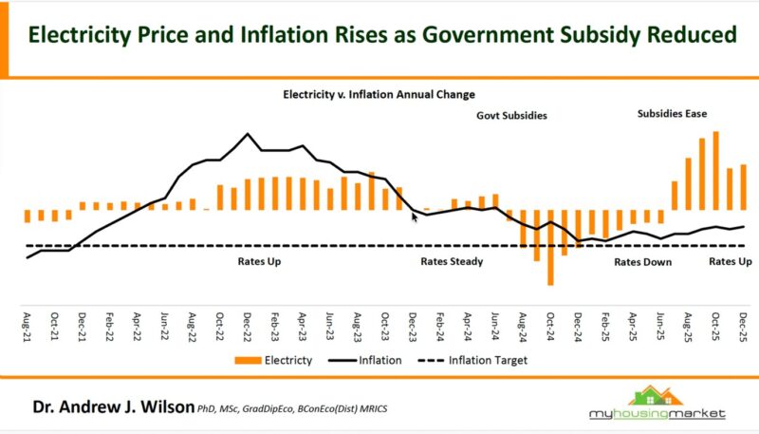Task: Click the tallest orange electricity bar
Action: tap(715, 171)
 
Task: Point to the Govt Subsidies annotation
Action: tap(511, 116)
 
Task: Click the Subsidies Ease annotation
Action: tap(672, 114)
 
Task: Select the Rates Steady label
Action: tap(452, 261)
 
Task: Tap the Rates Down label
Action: tap(642, 261)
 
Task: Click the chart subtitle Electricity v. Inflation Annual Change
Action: tap(379, 95)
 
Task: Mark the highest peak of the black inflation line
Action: tap(248, 134)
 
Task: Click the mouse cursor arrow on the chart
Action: tap(415, 217)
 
